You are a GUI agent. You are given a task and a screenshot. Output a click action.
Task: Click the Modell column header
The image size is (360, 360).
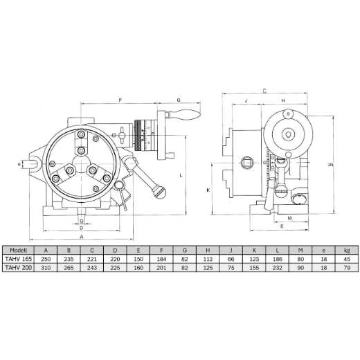[x=18, y=250]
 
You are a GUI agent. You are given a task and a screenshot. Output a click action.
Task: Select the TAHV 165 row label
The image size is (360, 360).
[x=18, y=259]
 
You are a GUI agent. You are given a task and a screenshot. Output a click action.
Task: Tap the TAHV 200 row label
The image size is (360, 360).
[x=18, y=268]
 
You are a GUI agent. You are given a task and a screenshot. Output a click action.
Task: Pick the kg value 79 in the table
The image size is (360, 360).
[x=347, y=268]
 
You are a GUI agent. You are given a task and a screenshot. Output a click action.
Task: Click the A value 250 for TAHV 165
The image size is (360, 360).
[x=46, y=259]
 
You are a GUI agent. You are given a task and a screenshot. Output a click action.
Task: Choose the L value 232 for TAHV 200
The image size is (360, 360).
[x=278, y=268]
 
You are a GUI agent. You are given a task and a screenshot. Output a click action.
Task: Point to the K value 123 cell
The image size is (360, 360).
[x=254, y=259]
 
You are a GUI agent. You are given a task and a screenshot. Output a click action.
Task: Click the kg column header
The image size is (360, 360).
[x=347, y=250]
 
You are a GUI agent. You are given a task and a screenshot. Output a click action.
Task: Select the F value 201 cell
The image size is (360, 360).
[x=161, y=268]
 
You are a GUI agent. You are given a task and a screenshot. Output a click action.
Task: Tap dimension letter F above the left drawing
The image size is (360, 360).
[x=120, y=100]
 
